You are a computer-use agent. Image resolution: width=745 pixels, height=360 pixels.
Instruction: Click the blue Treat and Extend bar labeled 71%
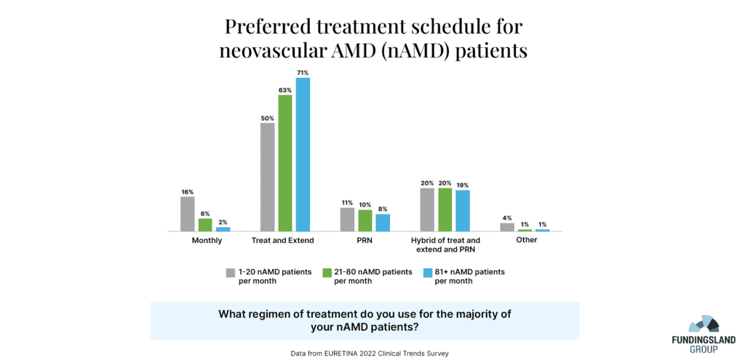click(x=303, y=154)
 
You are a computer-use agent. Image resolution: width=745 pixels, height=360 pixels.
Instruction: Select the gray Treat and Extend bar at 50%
click(x=268, y=177)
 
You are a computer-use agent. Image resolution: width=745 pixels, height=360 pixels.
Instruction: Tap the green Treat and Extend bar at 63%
click(x=285, y=163)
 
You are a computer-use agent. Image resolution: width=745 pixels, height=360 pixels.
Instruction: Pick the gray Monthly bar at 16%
click(x=188, y=214)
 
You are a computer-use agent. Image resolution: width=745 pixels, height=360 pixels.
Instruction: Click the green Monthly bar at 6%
click(x=205, y=225)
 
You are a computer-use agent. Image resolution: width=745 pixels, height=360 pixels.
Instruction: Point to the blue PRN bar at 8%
click(x=383, y=223)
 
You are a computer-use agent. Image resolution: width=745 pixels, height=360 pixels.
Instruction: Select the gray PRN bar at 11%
click(x=348, y=219)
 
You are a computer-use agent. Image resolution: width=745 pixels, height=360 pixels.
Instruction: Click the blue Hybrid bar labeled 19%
click(x=463, y=210)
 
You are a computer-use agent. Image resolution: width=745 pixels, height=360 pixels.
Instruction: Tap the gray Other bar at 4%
click(x=507, y=227)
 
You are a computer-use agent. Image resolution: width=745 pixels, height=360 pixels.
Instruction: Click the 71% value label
click(x=303, y=73)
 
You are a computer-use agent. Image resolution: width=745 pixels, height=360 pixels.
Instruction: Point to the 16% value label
click(x=188, y=191)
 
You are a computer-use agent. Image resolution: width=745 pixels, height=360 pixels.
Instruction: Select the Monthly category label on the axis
click(x=207, y=240)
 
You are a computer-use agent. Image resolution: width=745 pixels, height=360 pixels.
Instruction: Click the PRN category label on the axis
click(x=365, y=240)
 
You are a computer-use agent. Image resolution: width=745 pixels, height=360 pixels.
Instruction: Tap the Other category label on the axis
click(x=526, y=240)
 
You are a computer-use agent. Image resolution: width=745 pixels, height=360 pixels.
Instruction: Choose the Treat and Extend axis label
click(x=284, y=240)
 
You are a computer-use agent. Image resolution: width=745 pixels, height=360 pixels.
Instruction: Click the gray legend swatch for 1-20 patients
click(x=231, y=273)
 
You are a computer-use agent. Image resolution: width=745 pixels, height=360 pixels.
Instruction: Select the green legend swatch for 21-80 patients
click(x=327, y=273)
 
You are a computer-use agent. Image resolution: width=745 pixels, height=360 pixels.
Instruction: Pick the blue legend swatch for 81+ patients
click(x=428, y=273)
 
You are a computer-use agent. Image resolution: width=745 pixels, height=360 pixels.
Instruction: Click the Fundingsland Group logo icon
click(x=703, y=324)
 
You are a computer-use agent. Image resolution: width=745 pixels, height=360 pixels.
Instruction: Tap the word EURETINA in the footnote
click(x=337, y=353)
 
